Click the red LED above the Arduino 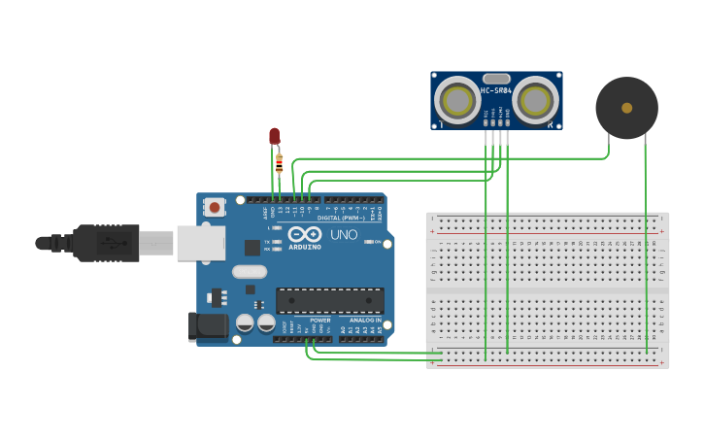click(x=274, y=136)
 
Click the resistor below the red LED click(x=280, y=163)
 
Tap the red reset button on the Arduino click(x=215, y=207)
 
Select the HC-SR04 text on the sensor click(x=495, y=91)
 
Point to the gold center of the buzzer click(x=626, y=108)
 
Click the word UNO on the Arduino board click(x=345, y=235)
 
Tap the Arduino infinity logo click(x=305, y=235)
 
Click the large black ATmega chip click(x=329, y=300)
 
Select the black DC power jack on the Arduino click(x=208, y=326)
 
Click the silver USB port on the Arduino click(x=200, y=243)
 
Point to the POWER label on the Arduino click(x=320, y=320)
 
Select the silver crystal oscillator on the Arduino click(x=249, y=271)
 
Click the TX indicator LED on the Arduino click(x=278, y=241)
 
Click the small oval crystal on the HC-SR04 click(x=496, y=79)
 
